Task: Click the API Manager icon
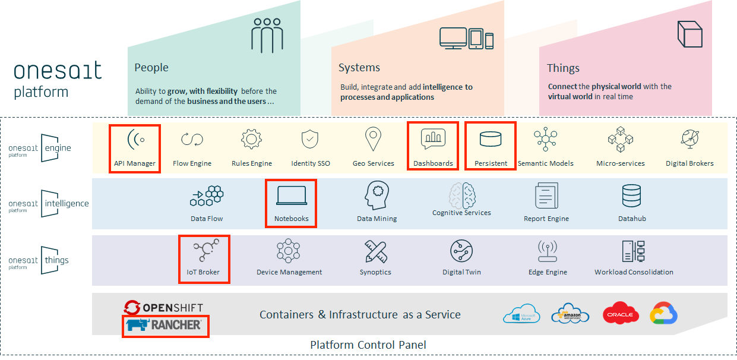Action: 135,140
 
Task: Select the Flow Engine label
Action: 192,163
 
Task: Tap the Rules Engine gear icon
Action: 251,139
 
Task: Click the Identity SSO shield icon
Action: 310,140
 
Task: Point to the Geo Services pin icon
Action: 373,140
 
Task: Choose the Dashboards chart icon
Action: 433,138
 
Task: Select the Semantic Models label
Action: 545,163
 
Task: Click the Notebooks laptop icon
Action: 292,195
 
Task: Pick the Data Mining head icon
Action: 377,195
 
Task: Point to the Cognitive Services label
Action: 461,213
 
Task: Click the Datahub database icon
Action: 631,195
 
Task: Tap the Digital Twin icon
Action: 461,251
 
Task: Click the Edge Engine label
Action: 548,272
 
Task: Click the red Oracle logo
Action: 621,314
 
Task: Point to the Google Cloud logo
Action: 663,314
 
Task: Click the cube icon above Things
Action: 690,34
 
